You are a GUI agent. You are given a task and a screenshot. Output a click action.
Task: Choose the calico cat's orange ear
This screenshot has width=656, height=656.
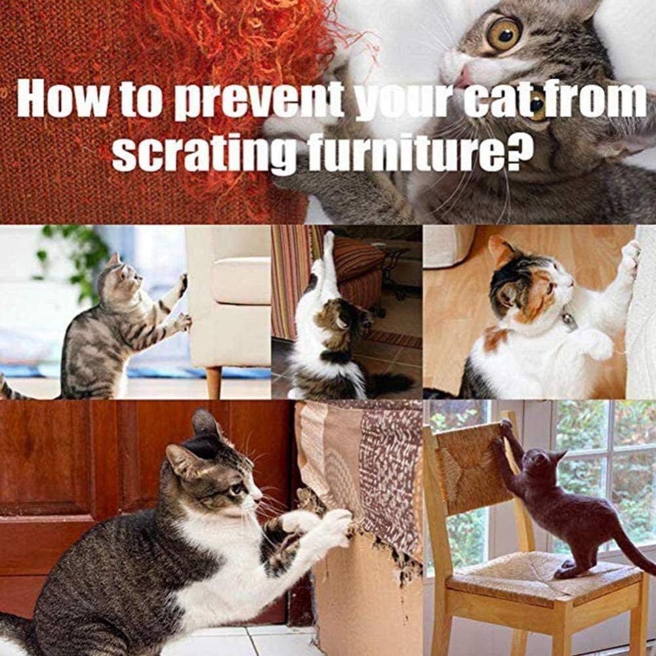coord(502,249)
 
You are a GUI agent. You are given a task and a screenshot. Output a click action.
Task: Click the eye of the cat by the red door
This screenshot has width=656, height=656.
coord(235,489)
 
